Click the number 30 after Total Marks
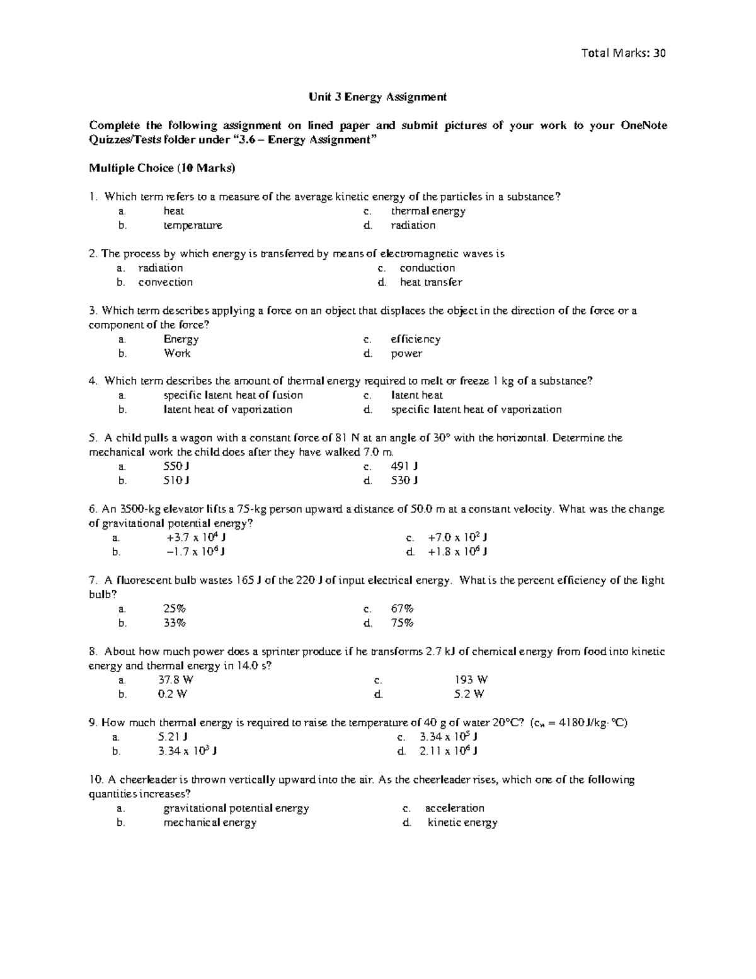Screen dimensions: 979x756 [659, 53]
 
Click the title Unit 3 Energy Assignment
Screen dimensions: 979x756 [377, 96]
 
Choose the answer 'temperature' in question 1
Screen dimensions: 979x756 [193, 225]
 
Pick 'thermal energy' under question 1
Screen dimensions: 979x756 [428, 211]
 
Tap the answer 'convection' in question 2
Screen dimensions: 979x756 [165, 282]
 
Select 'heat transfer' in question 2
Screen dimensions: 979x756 [431, 282]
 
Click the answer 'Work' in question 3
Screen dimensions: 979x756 [177, 353]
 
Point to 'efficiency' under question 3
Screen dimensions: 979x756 [415, 339]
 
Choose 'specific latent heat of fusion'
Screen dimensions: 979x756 [233, 395]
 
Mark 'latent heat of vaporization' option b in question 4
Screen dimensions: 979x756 [228, 409]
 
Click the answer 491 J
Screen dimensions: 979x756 [404, 466]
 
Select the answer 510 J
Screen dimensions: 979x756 [177, 480]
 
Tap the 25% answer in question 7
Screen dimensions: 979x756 [175, 609]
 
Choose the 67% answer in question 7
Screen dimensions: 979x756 [402, 609]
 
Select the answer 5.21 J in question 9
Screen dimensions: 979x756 [173, 736]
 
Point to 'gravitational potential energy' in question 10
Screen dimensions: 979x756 [236, 808]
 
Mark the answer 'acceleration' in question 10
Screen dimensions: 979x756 [454, 808]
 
